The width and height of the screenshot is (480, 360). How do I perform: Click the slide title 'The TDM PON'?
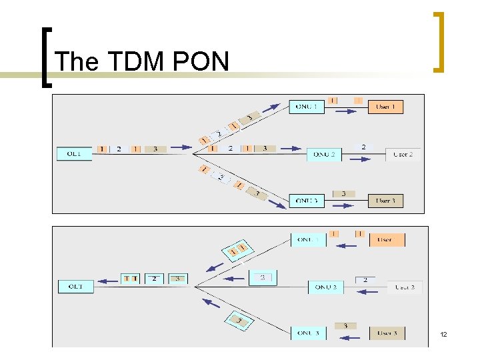point(142,62)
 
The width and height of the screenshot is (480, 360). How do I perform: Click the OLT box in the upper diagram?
point(73,153)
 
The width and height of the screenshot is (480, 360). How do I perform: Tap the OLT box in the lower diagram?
point(75,286)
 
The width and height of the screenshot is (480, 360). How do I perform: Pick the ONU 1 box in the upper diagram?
point(306,106)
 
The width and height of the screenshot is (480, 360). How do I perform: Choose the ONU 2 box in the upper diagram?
point(324,154)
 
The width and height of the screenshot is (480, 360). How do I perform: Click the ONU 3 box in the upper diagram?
point(306,200)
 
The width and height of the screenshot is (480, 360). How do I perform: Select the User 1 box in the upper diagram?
point(385,106)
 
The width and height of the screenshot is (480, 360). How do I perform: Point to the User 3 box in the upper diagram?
point(385,200)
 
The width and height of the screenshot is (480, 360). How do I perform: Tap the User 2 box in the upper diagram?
point(403,154)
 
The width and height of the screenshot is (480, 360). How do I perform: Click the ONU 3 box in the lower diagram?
point(308,332)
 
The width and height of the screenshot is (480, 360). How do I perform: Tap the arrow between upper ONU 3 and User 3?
point(344,205)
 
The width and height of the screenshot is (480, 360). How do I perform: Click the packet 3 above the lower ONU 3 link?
point(345,325)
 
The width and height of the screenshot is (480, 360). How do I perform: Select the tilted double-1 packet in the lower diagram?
point(238,249)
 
